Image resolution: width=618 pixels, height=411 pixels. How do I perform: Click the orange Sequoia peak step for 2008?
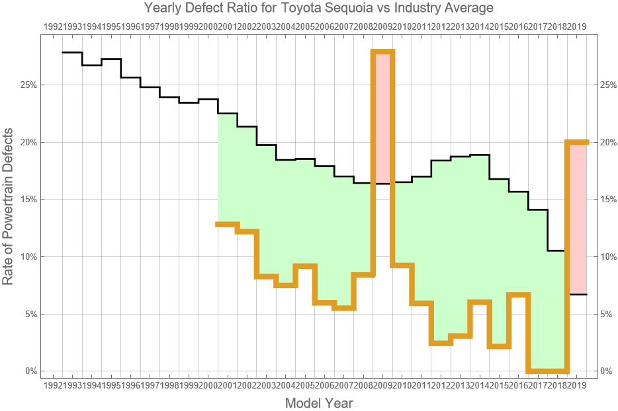(x=383, y=52)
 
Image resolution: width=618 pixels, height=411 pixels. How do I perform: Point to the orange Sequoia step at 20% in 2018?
(x=577, y=142)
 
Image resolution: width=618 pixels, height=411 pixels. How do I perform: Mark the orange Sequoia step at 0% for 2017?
(x=548, y=371)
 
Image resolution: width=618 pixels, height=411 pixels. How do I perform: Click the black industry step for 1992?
(x=72, y=52)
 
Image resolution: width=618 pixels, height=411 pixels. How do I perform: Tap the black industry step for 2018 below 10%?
(x=577, y=294)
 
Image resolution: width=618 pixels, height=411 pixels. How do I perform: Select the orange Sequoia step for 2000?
(x=228, y=224)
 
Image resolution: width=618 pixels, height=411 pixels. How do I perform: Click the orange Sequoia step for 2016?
(x=519, y=295)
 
